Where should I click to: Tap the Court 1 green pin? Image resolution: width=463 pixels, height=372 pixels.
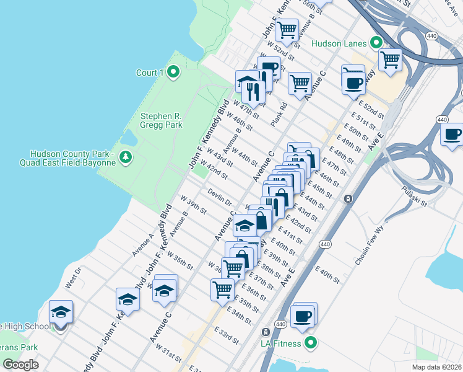(174, 73)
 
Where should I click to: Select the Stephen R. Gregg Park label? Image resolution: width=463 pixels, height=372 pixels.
(161, 120)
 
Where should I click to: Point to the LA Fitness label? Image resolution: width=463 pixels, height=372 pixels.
(280, 343)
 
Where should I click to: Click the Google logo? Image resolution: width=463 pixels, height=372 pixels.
(20, 365)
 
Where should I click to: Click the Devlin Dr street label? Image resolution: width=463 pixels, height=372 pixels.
(219, 198)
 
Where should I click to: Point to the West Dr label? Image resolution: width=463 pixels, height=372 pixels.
(73, 277)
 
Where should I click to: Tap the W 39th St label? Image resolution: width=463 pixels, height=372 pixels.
(193, 204)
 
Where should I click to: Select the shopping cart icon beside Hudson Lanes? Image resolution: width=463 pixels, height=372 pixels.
(390, 60)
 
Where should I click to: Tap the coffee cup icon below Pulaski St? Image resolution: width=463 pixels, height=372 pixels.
(452, 133)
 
